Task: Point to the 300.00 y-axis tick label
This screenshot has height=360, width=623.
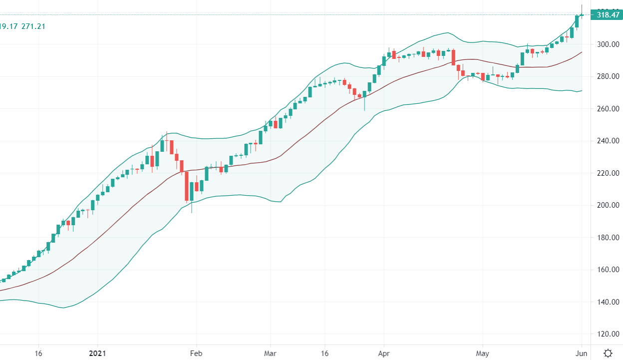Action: pos(609,44)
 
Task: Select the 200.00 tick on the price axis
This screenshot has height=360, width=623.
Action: pos(609,205)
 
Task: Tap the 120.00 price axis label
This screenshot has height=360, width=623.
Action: pos(609,334)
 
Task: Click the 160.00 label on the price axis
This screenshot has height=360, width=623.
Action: pos(609,270)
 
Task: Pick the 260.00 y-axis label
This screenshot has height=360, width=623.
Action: pos(609,109)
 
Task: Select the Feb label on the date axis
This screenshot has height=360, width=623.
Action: pos(196,353)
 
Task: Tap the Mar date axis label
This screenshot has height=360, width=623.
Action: pos(270,353)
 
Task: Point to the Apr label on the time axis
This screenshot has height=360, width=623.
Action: pos(384,353)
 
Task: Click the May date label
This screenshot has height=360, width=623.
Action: pos(482,353)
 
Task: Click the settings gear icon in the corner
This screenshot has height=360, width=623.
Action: pos(608,353)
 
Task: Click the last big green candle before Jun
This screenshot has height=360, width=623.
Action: pos(577,21)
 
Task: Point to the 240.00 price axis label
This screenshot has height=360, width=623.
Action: pos(609,141)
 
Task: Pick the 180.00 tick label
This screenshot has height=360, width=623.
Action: pos(609,238)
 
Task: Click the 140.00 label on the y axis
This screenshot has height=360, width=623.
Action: pos(609,302)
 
